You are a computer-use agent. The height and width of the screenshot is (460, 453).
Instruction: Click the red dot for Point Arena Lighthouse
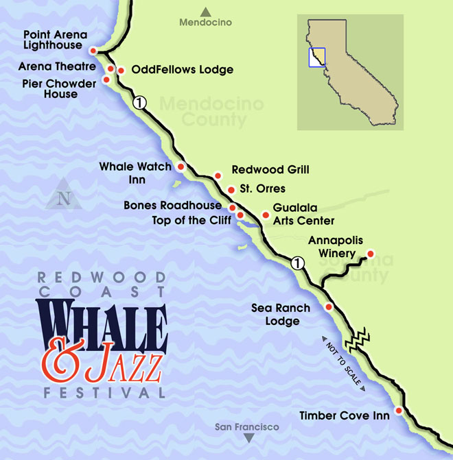point(93,49)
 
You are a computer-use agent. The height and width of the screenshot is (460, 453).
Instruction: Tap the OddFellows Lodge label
point(182,70)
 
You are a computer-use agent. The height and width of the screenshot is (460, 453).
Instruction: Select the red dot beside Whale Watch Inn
point(181,167)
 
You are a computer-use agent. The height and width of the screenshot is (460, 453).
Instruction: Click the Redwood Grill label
point(270,169)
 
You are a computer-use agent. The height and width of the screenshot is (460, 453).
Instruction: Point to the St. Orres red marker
point(231,189)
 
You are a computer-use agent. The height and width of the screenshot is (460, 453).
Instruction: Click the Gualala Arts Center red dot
point(266,215)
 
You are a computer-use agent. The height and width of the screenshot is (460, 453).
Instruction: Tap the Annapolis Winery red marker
point(369,252)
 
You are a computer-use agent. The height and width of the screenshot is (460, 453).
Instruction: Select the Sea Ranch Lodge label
point(281,315)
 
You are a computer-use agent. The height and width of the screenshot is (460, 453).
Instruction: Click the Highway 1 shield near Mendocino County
point(140,103)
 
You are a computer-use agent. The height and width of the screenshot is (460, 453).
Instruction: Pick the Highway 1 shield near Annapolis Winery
point(297,261)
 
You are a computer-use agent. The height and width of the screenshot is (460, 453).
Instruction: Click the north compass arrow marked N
point(64,195)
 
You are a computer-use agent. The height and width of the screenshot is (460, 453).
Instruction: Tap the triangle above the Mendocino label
point(205,11)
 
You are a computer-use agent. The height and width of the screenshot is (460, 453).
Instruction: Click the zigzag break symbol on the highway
point(359,338)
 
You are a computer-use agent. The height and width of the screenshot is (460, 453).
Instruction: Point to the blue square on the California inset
point(317,56)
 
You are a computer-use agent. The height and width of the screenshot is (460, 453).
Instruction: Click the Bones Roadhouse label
point(182,206)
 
